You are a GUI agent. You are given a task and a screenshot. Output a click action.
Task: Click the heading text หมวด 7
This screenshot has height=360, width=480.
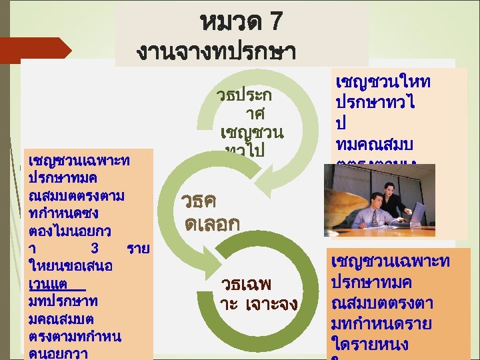point(241,23)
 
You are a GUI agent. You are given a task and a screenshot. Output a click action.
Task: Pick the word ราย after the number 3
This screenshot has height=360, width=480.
point(138,249)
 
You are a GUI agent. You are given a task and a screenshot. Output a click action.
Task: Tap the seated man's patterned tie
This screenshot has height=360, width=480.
point(375,217)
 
